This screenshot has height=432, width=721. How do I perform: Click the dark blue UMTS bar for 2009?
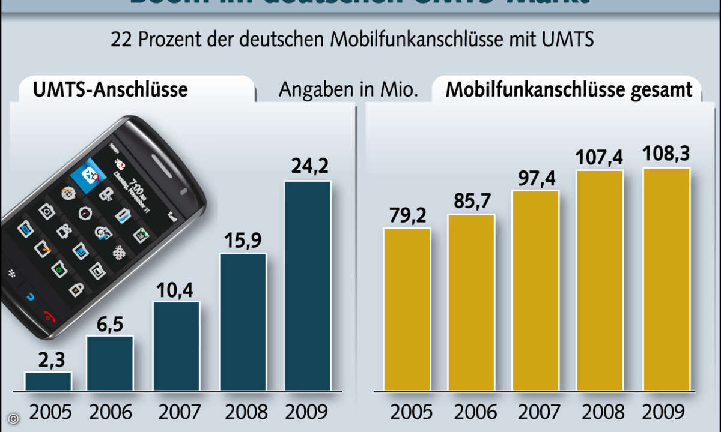pos(307,285)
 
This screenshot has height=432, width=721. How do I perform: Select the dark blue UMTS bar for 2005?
pos(48,381)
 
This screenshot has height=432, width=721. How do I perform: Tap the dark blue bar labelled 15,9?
pos(243,321)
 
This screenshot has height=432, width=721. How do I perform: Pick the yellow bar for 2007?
pos(535,291)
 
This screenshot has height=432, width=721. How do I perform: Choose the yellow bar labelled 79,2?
pos(407,309)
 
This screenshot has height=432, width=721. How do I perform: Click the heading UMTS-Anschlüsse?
pos(110,89)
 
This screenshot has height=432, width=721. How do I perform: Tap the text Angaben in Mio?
pos(348,89)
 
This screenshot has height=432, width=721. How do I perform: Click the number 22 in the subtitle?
pos(122,40)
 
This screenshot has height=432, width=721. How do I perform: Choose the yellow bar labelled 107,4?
pos(599,279)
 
